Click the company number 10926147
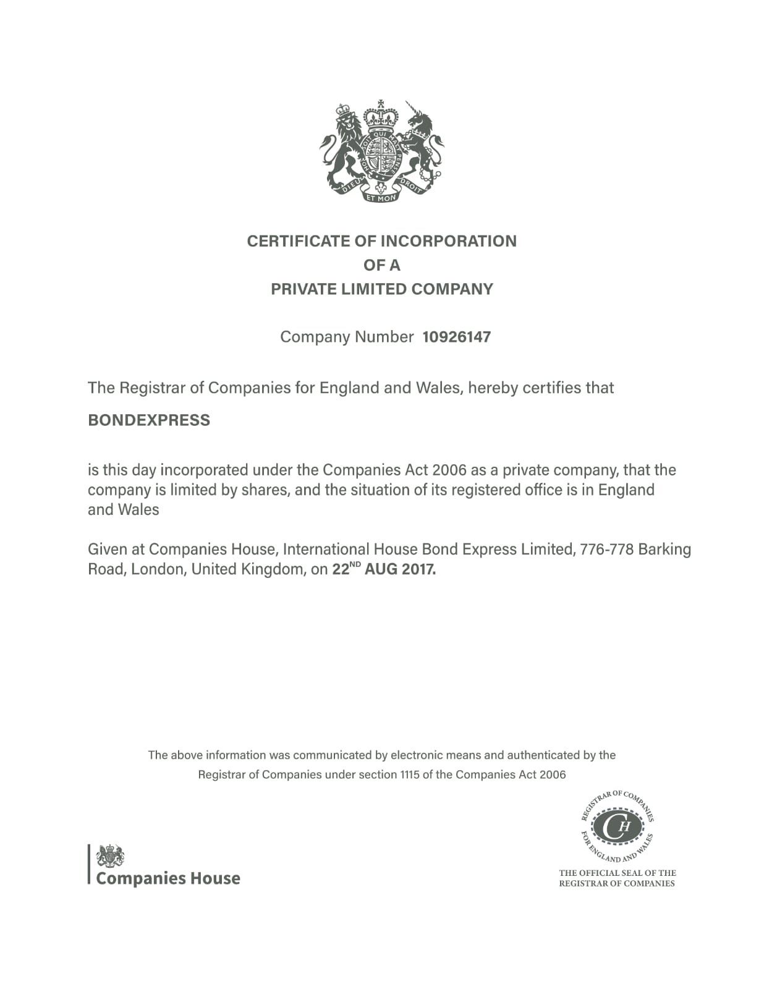[x=456, y=337]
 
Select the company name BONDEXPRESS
[x=149, y=420]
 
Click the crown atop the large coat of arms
[x=381, y=115]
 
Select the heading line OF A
[x=381, y=265]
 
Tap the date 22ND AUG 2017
[x=384, y=569]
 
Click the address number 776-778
[x=606, y=550]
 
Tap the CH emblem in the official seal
[x=617, y=827]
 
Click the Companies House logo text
[x=168, y=878]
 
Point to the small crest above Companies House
[x=110, y=856]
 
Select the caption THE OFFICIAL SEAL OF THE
[x=617, y=873]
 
